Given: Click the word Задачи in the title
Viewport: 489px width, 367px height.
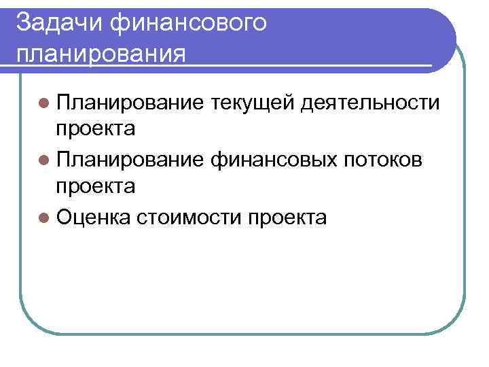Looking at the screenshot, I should (x=57, y=22).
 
